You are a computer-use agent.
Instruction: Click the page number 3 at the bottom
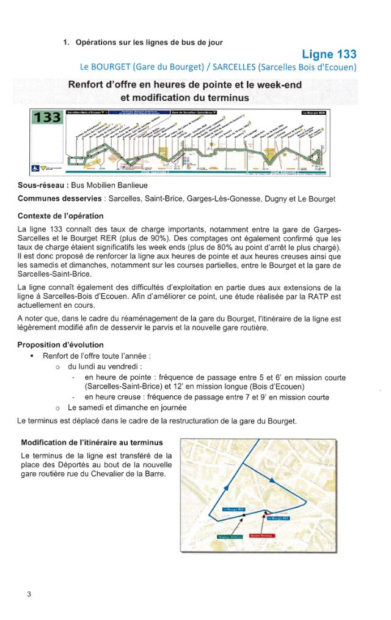click(x=29, y=594)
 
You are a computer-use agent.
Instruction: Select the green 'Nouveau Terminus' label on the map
click(x=230, y=537)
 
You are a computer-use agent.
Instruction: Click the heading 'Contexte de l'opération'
click(x=60, y=216)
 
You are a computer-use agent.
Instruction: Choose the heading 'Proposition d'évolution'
click(x=60, y=345)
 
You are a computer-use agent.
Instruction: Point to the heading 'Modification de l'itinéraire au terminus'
click(x=92, y=442)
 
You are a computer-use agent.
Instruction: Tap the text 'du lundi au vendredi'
click(x=104, y=367)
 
